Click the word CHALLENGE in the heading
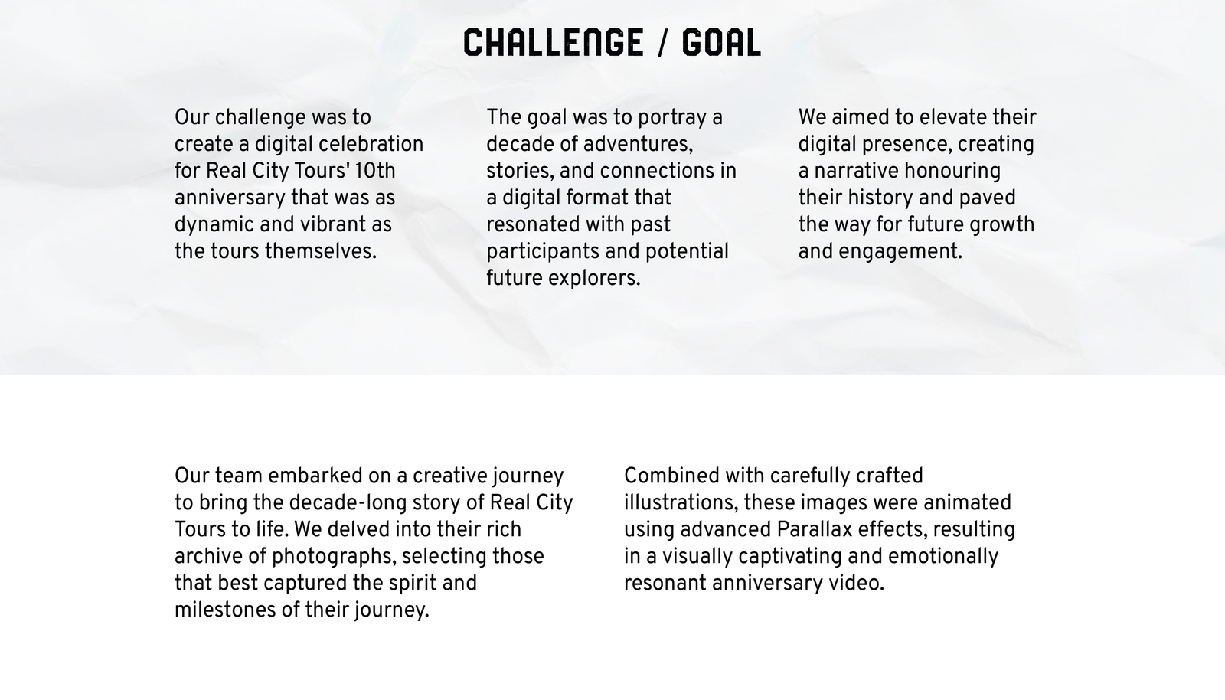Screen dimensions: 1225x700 click(554, 43)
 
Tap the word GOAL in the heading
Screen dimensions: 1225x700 click(721, 43)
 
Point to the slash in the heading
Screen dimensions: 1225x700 click(663, 43)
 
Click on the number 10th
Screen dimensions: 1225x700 click(374, 172)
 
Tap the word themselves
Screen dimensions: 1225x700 click(321, 251)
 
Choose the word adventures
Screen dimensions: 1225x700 click(639, 145)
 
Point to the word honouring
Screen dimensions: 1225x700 click(952, 172)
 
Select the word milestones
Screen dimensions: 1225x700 click(225, 610)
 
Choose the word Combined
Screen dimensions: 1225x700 click(671, 476)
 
